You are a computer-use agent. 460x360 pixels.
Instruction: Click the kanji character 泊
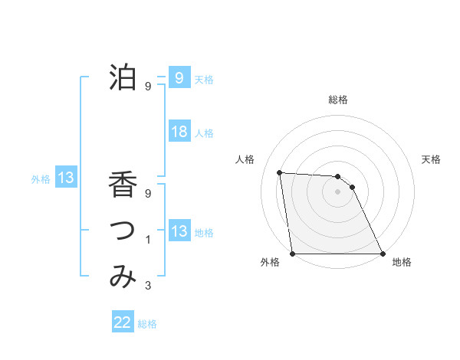pyautogui.click(x=123, y=77)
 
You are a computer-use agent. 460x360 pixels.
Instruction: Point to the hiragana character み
pyautogui.click(x=123, y=277)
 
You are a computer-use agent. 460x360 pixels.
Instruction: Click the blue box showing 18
pyautogui.click(x=179, y=132)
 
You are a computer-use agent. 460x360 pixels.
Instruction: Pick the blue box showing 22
pyautogui.click(x=123, y=322)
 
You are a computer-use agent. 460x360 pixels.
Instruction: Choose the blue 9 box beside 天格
pyautogui.click(x=179, y=77)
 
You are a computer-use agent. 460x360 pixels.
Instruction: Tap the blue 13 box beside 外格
pyautogui.click(x=66, y=178)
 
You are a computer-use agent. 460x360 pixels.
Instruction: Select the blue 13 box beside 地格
pyautogui.click(x=179, y=231)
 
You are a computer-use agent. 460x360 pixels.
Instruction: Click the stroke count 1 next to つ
pyautogui.click(x=148, y=241)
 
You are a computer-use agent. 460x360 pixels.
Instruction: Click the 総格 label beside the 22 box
pyautogui.click(x=147, y=324)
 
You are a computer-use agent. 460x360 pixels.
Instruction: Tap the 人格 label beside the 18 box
pyautogui.click(x=204, y=133)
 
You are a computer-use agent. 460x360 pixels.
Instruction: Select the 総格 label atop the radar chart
pyautogui.click(x=337, y=100)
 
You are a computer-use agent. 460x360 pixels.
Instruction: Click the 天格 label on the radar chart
pyautogui.click(x=432, y=159)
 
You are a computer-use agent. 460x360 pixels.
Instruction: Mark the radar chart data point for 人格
pyautogui.click(x=280, y=172)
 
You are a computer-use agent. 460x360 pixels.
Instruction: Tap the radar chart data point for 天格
pyautogui.click(x=352, y=187)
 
